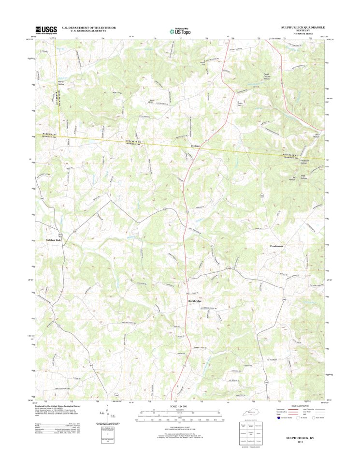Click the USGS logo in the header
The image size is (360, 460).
pyautogui.click(x=46, y=30)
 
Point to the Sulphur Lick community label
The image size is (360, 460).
pyautogui.click(x=54, y=240)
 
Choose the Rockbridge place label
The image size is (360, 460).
pyautogui.click(x=195, y=301)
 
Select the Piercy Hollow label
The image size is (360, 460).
pyautogui.click(x=58, y=84)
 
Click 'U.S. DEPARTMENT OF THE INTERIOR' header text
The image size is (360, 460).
pyautogui.click(x=89, y=28)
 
